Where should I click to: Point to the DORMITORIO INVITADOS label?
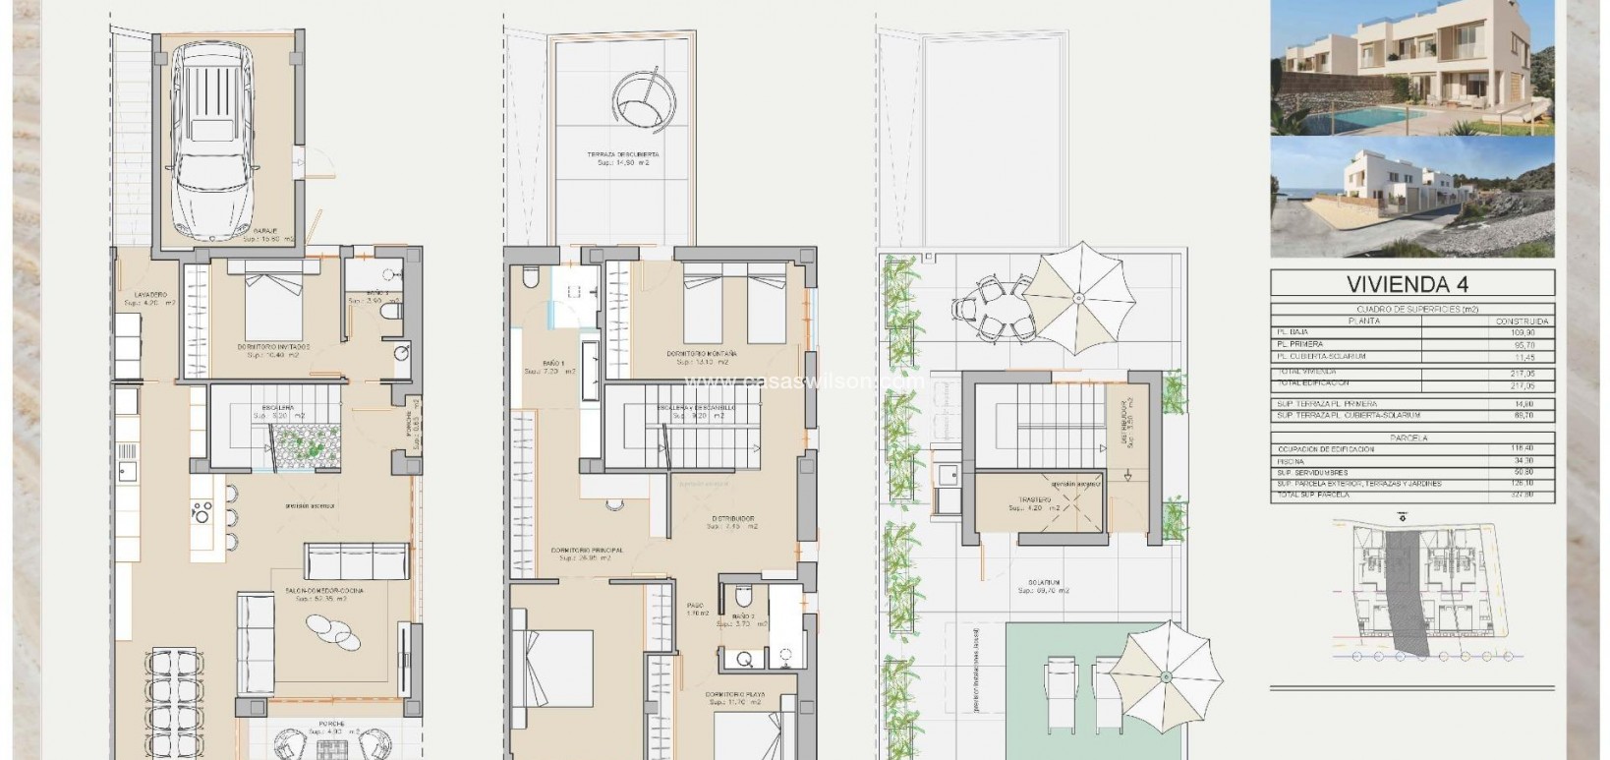(274, 347)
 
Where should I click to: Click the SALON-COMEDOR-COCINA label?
(324, 590)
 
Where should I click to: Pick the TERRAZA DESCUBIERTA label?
(624, 155)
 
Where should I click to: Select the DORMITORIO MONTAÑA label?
(702, 353)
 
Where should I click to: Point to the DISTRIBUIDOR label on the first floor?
(733, 517)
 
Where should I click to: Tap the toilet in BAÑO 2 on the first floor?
(743, 597)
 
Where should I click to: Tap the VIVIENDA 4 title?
(1411, 285)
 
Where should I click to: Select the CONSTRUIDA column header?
(1523, 322)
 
